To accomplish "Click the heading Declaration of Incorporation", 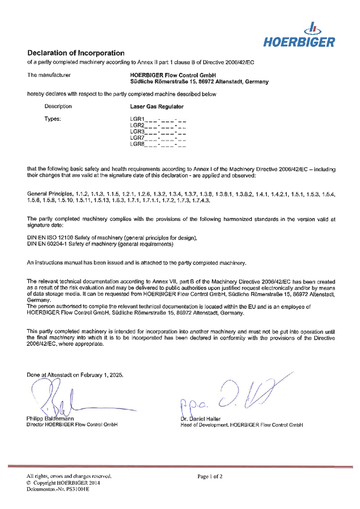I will pos(76,53).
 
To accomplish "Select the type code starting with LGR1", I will pos(158,119).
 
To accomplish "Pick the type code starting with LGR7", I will pos(158,138).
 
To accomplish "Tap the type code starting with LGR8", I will pos(158,144).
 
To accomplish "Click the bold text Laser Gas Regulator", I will pos(157,106).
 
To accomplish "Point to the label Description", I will pos(58,106).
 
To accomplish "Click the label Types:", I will pos(53,119).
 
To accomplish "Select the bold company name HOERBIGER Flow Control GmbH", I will pos(173,75).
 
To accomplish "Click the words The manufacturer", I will pos(49,75).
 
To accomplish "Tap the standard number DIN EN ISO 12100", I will pos(53,238).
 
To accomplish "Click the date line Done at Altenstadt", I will pos(75,375).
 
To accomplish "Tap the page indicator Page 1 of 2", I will pos(210,477).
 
